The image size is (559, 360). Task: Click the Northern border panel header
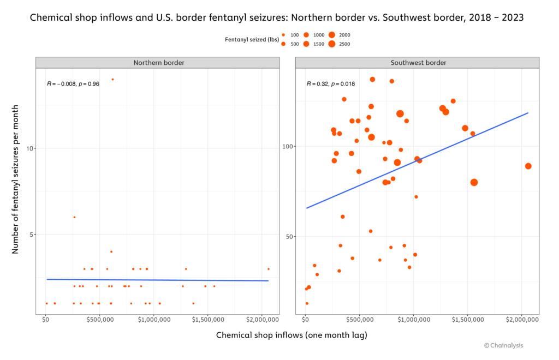pos(159,63)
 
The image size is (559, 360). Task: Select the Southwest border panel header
pos(418,63)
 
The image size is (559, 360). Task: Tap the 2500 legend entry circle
pos(331,44)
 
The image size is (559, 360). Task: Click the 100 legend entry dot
pos(283,34)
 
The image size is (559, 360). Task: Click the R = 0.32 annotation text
pos(331,84)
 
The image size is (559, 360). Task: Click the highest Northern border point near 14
pos(112,79)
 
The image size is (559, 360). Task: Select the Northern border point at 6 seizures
pos(74,217)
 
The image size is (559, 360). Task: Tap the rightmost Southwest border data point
pos(528,166)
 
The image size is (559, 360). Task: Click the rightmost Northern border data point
pos(269,269)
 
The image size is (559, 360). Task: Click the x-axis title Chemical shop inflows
pos(292,335)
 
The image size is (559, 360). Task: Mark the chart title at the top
pos(277,17)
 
